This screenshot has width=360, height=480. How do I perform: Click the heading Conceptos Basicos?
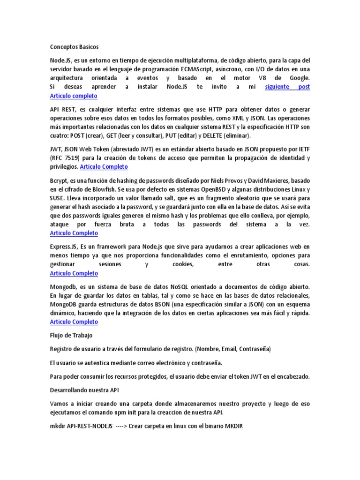click(74, 47)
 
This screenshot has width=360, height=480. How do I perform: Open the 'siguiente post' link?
click(287, 87)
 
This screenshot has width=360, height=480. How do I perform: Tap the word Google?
click(299, 78)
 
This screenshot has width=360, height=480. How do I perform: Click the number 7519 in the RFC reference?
click(76, 158)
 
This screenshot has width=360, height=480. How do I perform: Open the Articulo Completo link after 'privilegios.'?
click(104, 167)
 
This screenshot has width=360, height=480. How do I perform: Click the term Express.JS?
click(64, 247)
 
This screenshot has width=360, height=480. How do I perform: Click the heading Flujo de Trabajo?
click(71, 336)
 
